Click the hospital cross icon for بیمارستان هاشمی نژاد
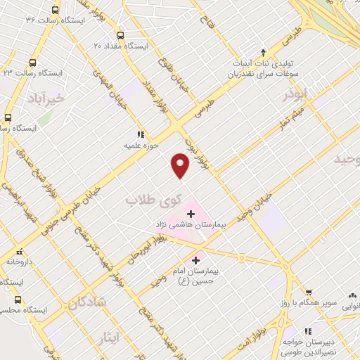click(191, 213)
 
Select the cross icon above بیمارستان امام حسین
click(205, 261)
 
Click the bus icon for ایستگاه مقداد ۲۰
click(121, 35)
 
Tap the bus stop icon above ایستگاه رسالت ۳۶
click(56, 10)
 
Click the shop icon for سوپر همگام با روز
click(307, 293)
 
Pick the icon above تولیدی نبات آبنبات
click(263, 53)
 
